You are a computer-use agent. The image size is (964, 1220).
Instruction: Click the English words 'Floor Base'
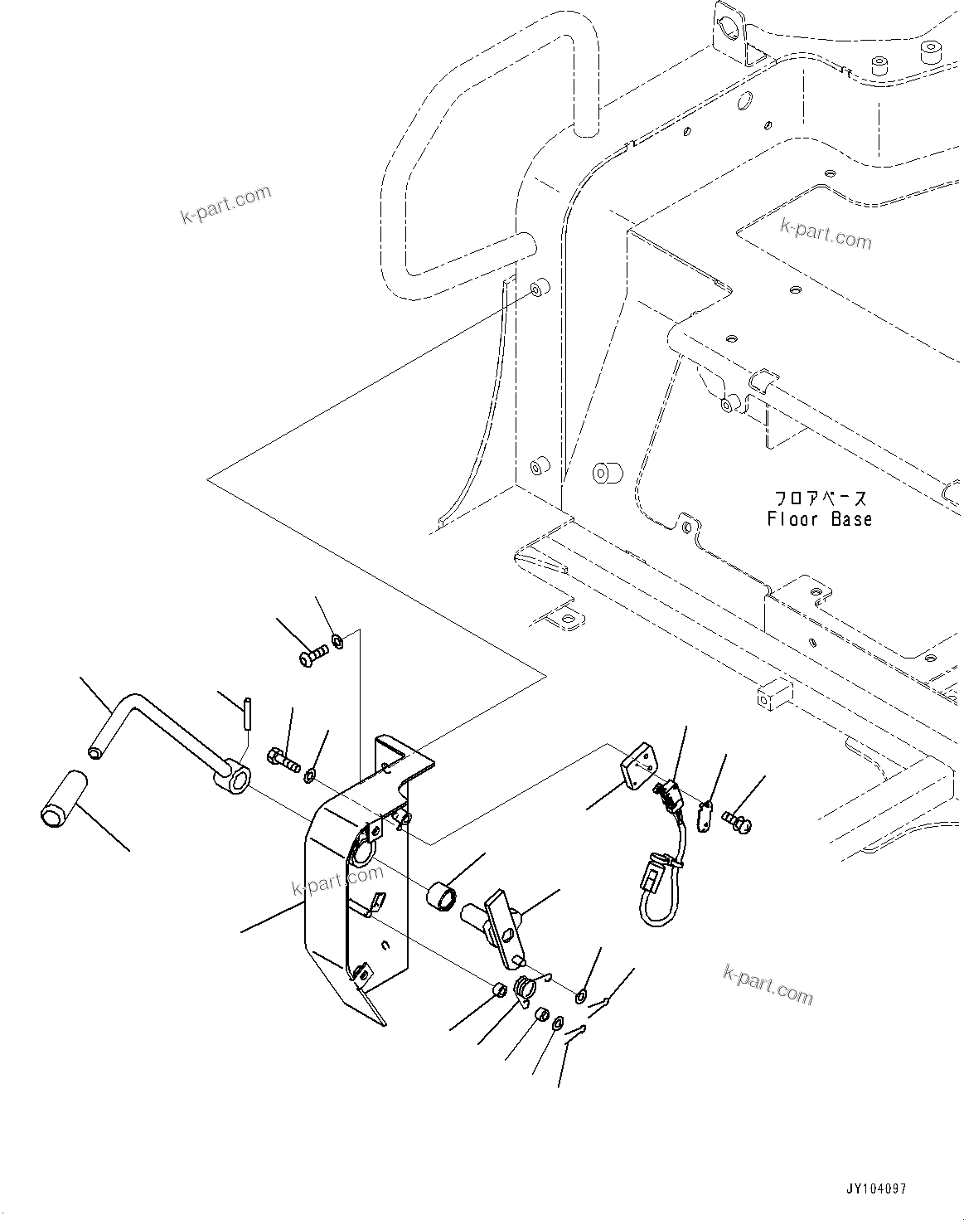pos(819,519)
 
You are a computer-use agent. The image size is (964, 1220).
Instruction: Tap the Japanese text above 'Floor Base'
pos(820,498)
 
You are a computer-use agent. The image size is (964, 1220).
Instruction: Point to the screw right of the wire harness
pos(736,820)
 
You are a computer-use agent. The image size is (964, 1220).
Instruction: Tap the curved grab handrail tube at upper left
pos(464,149)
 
